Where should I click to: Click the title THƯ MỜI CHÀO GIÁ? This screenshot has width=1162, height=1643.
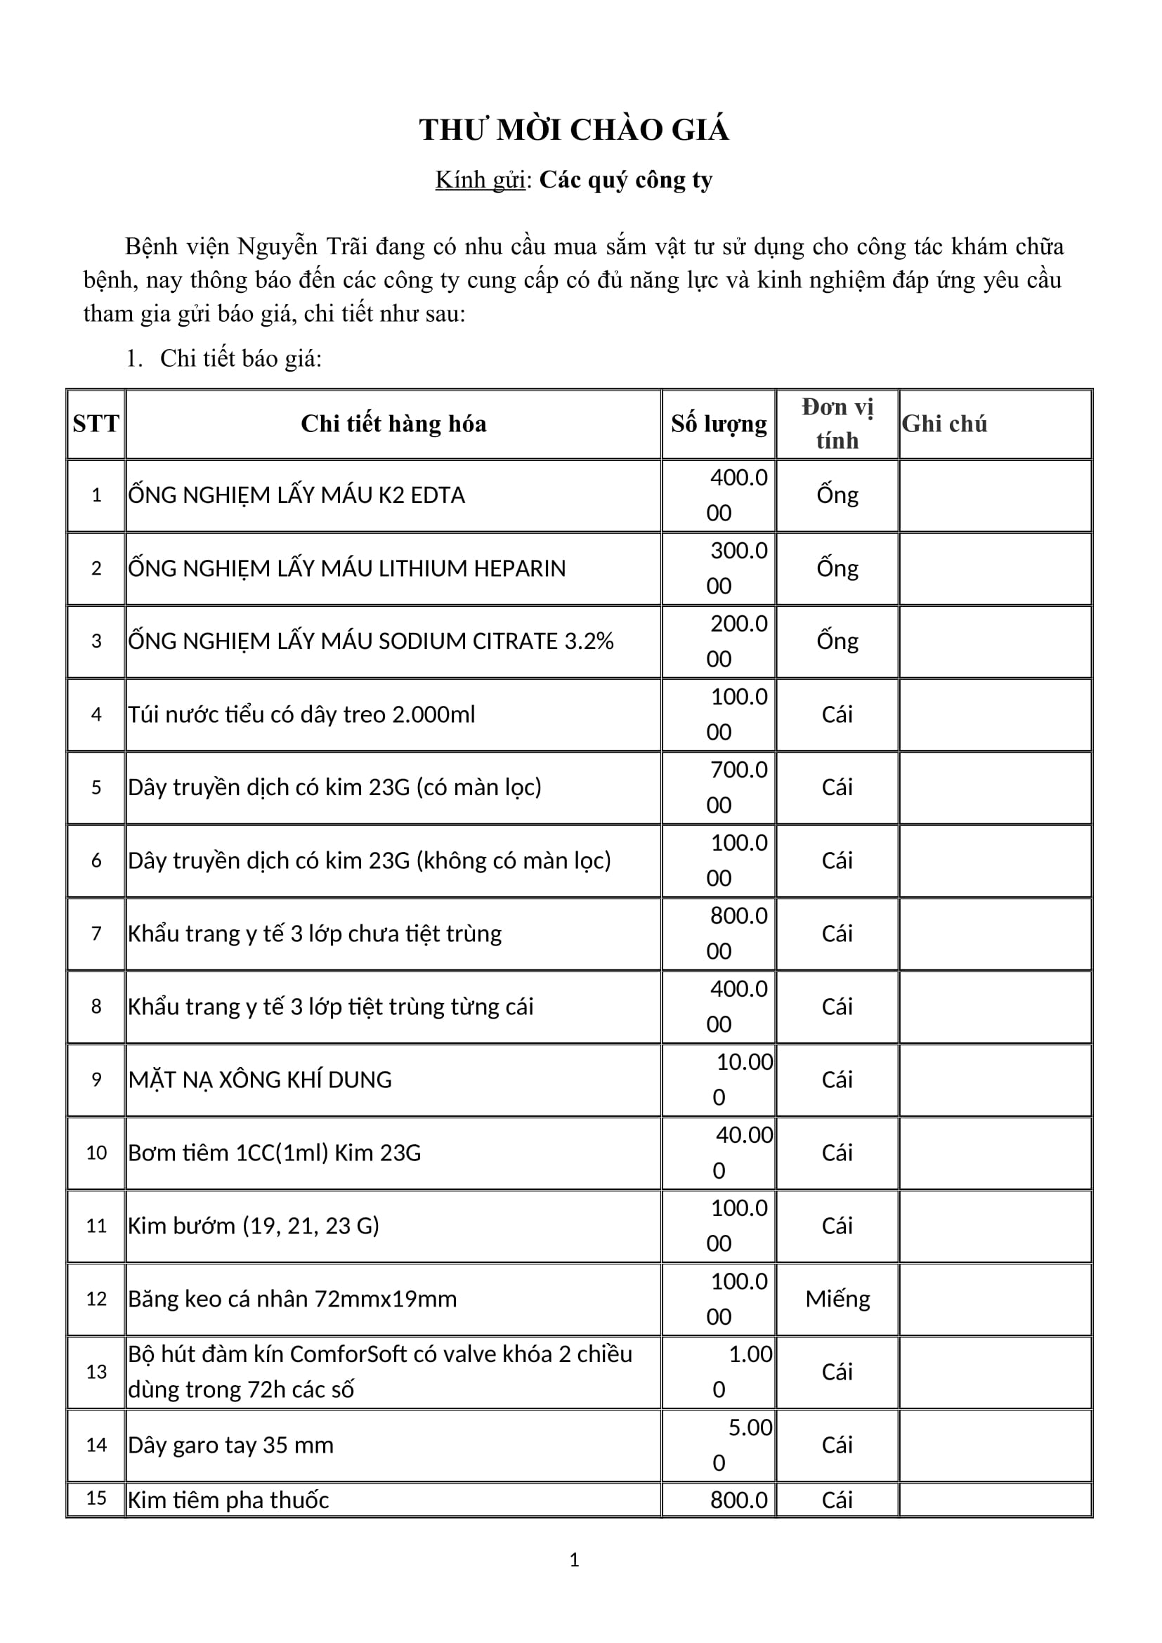(574, 130)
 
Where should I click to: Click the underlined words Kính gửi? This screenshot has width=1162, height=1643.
(480, 180)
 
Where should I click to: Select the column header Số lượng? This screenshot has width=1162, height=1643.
(719, 424)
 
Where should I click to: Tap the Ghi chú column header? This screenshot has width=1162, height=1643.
(944, 424)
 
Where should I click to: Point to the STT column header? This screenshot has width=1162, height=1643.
(96, 424)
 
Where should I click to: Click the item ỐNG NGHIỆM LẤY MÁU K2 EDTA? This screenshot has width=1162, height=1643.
(296, 495)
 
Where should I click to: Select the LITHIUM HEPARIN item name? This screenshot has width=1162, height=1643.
(346, 568)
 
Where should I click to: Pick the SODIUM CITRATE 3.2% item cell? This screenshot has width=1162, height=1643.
(371, 641)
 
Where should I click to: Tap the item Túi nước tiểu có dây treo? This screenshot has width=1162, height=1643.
(301, 714)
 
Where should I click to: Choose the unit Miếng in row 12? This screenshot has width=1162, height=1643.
(837, 1299)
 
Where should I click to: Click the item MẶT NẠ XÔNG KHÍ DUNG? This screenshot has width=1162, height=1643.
(260, 1080)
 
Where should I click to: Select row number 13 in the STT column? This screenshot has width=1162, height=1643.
(96, 1372)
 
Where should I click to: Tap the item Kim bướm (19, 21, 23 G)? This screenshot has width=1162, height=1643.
(254, 1226)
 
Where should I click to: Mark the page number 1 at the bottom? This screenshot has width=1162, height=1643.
(574, 1560)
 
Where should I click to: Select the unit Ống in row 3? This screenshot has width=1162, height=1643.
(837, 641)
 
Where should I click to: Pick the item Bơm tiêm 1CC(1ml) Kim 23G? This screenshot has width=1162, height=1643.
(274, 1153)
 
